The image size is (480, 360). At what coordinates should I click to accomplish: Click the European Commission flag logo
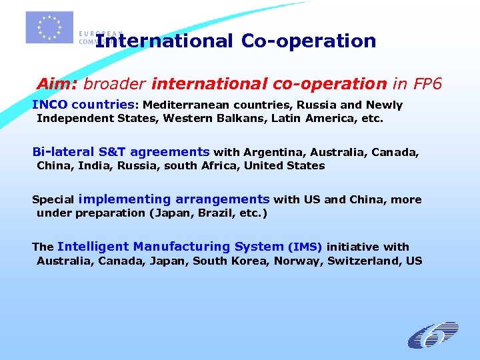coord(49,27)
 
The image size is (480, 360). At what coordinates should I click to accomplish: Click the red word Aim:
coord(58,85)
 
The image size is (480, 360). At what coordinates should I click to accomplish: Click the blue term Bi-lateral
coord(57,151)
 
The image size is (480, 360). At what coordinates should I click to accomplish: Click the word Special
coord(53,200)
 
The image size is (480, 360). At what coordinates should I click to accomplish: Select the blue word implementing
coord(125,199)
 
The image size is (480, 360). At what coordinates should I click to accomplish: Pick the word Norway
coord(299,261)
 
